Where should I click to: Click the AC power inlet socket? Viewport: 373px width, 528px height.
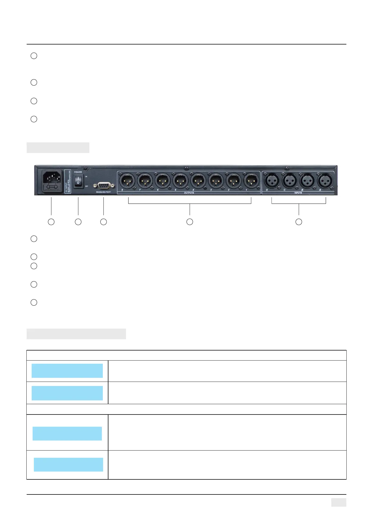52,178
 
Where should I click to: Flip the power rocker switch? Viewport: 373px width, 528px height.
78,182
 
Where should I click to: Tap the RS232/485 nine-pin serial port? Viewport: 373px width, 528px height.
103,185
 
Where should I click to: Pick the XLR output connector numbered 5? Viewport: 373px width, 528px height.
180,181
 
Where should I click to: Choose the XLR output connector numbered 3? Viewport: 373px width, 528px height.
216,181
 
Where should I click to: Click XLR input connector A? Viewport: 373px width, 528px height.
325,181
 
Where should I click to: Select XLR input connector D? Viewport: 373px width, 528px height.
272,181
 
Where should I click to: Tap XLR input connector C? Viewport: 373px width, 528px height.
290,181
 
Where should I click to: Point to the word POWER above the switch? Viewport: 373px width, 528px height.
78,172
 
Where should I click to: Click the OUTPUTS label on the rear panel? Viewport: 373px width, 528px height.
189,193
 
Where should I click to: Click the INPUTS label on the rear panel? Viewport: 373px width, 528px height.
298,193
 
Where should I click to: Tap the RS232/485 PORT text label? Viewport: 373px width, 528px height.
103,192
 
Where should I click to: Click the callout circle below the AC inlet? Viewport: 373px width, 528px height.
51,222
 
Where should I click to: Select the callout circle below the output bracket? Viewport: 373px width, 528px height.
190,222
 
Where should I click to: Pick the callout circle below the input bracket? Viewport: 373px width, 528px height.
299,222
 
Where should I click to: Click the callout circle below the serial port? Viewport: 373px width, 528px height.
103,222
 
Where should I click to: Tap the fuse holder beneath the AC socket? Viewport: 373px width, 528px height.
52,188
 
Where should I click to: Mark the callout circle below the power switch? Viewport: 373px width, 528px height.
78,222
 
